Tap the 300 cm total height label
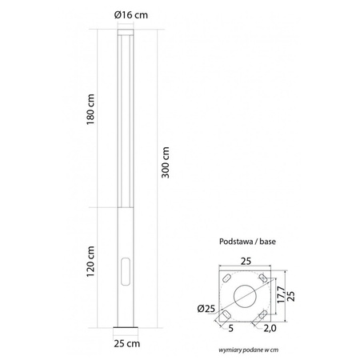pos(166,165)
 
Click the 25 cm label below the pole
pos(128,344)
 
